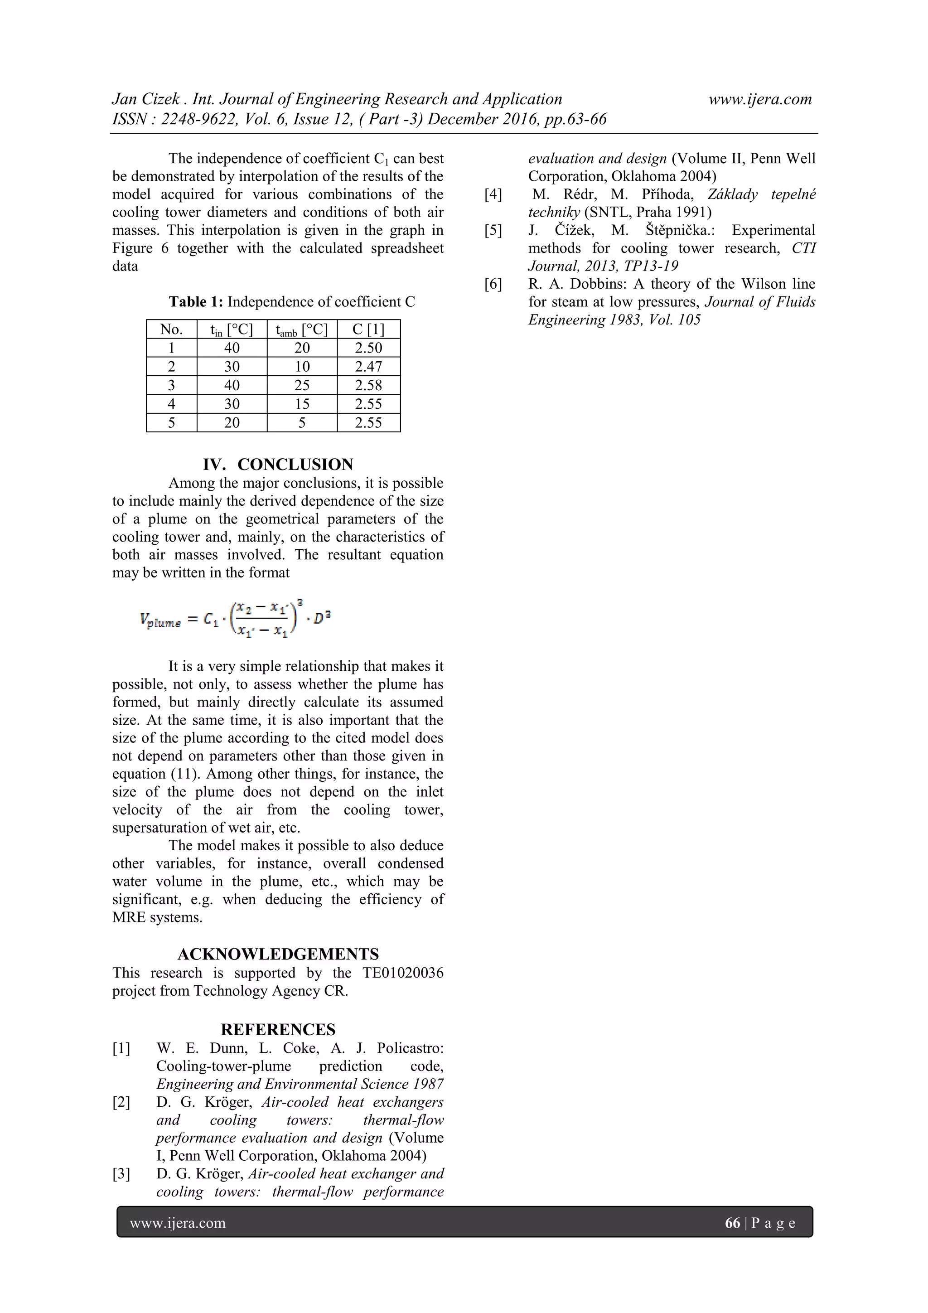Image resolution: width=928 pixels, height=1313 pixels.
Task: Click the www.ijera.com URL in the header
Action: pyautogui.click(x=760, y=100)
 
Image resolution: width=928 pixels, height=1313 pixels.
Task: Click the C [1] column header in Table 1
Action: pyautogui.click(x=368, y=329)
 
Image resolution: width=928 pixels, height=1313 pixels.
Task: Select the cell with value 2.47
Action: pyautogui.click(x=368, y=367)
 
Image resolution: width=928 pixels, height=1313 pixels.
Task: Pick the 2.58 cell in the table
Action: pyautogui.click(x=368, y=385)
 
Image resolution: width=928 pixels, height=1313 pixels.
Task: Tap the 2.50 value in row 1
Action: pyautogui.click(x=368, y=348)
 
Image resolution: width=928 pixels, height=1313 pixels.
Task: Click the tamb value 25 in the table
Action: pyautogui.click(x=302, y=385)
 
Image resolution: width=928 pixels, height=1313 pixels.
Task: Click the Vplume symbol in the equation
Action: pyautogui.click(x=160, y=620)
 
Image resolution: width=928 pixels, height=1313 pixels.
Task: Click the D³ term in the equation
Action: pyautogui.click(x=323, y=618)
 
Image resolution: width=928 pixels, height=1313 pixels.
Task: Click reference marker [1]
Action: pyautogui.click(x=121, y=1048)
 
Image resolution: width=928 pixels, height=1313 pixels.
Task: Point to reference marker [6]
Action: pyautogui.click(x=493, y=284)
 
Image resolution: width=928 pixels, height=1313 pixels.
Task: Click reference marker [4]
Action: pyautogui.click(x=493, y=194)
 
